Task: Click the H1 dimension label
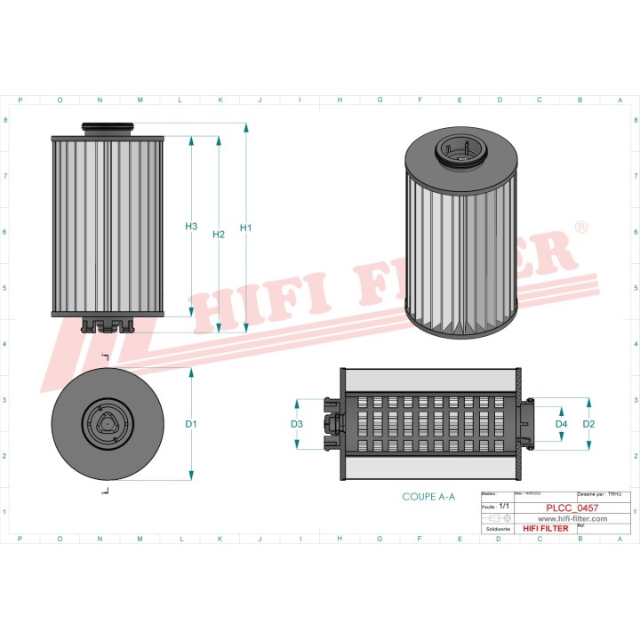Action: (246, 228)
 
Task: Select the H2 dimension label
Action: (219, 235)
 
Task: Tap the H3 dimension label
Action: (191, 227)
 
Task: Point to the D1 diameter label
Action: (191, 425)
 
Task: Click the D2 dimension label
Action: (588, 425)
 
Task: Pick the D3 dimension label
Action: (297, 425)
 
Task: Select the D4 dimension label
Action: (561, 425)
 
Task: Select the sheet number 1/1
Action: (504, 506)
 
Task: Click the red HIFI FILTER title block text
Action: (546, 528)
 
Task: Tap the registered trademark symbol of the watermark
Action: (581, 228)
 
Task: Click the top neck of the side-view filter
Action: (108, 128)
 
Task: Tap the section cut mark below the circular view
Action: (105, 491)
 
